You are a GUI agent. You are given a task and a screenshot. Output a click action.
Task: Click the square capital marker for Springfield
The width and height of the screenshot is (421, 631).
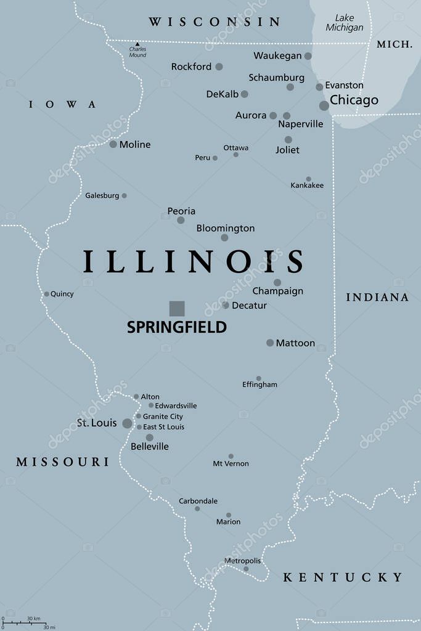pyautogui.click(x=177, y=308)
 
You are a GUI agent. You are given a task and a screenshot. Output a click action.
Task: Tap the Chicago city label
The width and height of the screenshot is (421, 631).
pyautogui.click(x=354, y=100)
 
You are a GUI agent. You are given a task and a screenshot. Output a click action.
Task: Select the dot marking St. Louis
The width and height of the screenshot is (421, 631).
pyautogui.click(x=127, y=423)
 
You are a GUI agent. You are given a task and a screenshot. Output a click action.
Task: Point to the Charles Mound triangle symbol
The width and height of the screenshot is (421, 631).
pyautogui.click(x=137, y=44)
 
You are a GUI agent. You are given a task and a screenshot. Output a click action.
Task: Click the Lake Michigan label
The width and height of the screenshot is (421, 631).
pyautogui.click(x=345, y=23)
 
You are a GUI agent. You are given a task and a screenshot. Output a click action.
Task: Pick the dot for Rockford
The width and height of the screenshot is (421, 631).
pyautogui.click(x=219, y=67)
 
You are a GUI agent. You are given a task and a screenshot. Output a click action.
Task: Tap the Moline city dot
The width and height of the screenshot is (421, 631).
pyautogui.click(x=113, y=144)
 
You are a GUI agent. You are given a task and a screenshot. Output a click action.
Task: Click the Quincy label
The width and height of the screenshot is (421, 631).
pyautogui.click(x=62, y=294)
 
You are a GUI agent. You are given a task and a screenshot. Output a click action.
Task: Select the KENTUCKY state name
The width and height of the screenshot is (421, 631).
pyautogui.click(x=343, y=577)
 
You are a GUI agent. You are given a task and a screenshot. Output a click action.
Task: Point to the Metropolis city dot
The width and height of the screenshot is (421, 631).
pyautogui.click(x=246, y=569)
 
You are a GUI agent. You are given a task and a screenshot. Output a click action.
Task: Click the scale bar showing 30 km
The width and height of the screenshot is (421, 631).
pyautogui.click(x=24, y=622)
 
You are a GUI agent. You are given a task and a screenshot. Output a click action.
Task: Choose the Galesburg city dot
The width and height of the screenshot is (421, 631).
pyautogui.click(x=124, y=195)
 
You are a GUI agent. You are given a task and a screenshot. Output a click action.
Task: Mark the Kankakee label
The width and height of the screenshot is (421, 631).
pyautogui.click(x=307, y=185)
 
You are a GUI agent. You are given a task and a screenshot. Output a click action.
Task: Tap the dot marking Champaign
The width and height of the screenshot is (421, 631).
pyautogui.click(x=277, y=282)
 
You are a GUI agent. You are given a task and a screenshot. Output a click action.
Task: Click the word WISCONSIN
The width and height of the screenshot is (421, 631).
pyautogui.click(x=215, y=22)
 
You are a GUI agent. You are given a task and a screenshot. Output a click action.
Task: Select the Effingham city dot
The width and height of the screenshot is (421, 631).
pyautogui.click(x=258, y=378)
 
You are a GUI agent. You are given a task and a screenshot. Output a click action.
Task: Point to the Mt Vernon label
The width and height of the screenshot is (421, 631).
pyautogui.click(x=231, y=463)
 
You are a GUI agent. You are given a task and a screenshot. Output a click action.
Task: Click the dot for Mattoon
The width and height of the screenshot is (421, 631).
pyautogui.click(x=270, y=343)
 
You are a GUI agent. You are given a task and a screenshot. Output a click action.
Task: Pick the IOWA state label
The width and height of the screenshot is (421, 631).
pyautogui.click(x=63, y=104)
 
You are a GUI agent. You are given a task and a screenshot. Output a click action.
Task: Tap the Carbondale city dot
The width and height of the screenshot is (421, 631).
pyautogui.click(x=197, y=508)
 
